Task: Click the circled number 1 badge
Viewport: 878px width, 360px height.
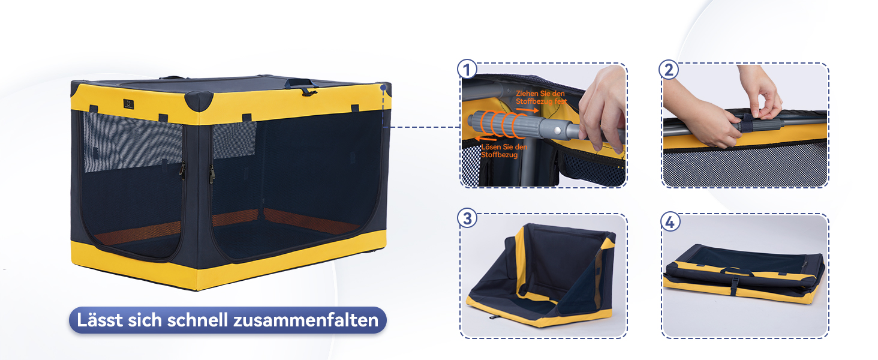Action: [x=467, y=70]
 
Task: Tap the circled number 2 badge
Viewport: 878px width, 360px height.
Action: [x=669, y=70]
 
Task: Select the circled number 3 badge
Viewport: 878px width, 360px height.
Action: [x=467, y=218]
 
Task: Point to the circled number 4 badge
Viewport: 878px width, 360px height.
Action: [x=670, y=221]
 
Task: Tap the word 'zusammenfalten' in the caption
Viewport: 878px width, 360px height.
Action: [x=306, y=320]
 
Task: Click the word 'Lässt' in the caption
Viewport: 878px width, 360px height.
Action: [x=100, y=320]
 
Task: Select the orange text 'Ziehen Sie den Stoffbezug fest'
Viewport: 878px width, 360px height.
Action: [x=541, y=97]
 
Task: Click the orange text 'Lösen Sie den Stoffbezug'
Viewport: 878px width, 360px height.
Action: [x=504, y=151]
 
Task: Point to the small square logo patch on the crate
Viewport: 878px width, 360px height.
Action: [x=128, y=104]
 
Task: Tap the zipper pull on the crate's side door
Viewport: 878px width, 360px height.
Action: [x=212, y=174]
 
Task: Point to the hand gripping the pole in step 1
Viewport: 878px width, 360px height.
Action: [x=602, y=108]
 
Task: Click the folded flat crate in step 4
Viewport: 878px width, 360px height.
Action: [x=743, y=274]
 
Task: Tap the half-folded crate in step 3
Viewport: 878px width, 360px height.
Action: [x=542, y=275]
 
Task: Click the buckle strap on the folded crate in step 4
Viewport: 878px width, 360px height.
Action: [x=735, y=286]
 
